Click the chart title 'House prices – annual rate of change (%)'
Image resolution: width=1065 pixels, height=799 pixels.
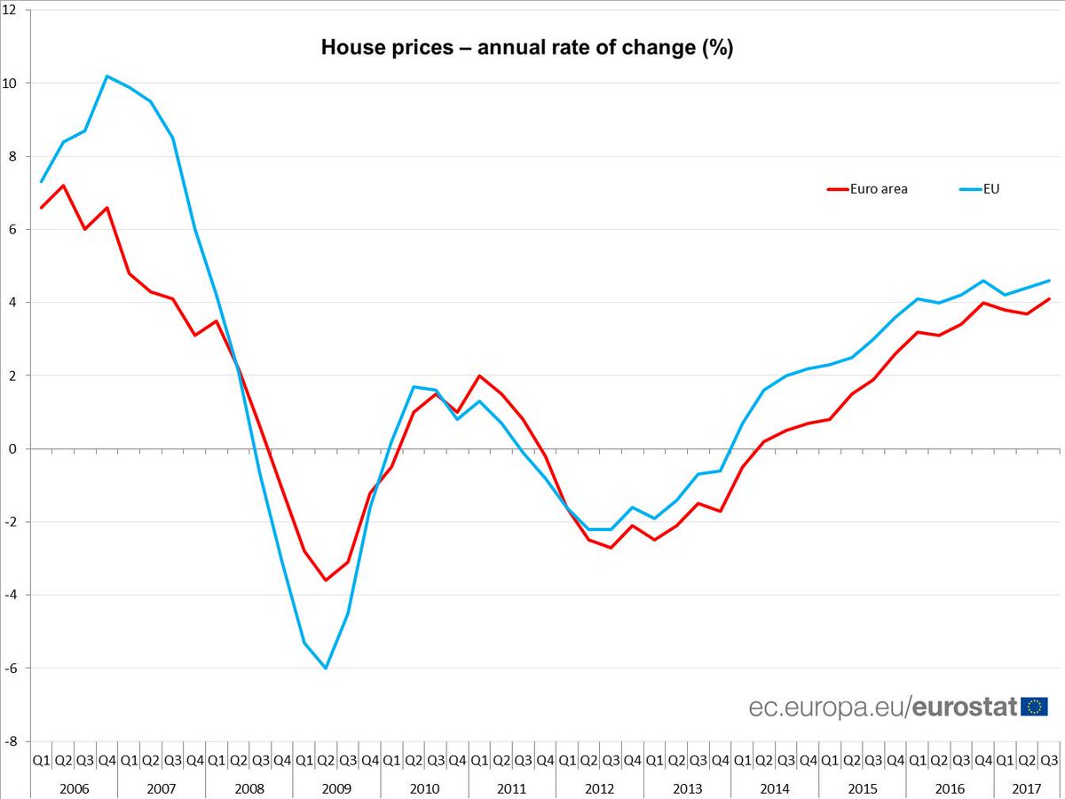[527, 48]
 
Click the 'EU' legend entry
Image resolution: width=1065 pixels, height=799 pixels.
[991, 188]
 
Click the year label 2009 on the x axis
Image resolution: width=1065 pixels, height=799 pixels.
[336, 787]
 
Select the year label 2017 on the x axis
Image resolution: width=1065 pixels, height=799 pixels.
[1026, 787]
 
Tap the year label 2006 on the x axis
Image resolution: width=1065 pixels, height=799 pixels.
[74, 787]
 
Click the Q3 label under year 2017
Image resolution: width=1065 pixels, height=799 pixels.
[1048, 760]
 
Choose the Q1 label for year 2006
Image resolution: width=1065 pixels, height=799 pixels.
[41, 760]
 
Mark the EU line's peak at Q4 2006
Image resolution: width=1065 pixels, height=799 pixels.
[106, 76]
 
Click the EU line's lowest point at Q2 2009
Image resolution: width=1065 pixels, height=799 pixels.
[326, 668]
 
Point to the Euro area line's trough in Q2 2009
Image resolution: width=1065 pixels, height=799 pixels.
[326, 580]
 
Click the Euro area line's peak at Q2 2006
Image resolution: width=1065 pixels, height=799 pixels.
[63, 186]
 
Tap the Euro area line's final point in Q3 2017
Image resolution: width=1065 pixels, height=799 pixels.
[1049, 298]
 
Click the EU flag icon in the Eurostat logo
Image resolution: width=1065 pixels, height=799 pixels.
[1034, 707]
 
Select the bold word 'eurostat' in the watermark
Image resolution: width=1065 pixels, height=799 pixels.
[965, 708]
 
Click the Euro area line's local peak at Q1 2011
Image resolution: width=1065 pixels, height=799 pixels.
[479, 376]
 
